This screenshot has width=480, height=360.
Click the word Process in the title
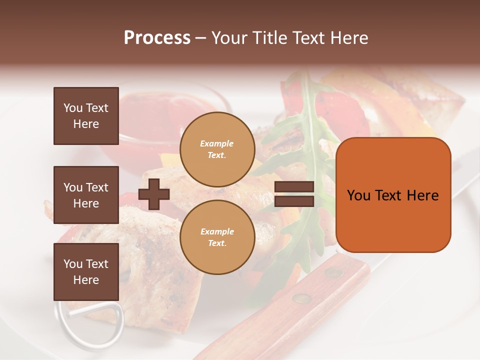[x=157, y=38]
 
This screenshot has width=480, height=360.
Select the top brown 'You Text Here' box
[x=86, y=116]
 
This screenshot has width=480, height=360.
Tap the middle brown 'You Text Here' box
[x=86, y=195]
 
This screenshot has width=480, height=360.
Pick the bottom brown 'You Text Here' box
[x=86, y=271]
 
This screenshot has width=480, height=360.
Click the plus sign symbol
[x=154, y=194]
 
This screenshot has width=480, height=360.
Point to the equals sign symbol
[x=294, y=194]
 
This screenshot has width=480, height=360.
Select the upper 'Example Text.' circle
[x=217, y=149]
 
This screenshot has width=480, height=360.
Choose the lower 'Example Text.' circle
[x=217, y=237]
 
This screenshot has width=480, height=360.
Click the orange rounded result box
[x=393, y=195]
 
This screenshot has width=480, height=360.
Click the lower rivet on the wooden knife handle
[x=301, y=298]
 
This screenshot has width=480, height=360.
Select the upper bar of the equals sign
[x=294, y=187]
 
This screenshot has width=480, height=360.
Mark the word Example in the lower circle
[x=217, y=231]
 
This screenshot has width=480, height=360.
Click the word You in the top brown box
[x=73, y=108]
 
